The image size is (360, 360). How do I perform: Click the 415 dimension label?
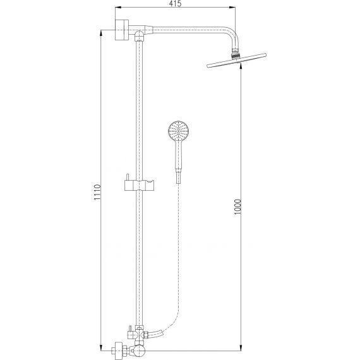click(175, 4)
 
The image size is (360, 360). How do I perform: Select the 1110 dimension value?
click(97, 192)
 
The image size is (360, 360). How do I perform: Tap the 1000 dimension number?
click(238, 207)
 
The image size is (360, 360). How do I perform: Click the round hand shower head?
click(178, 131)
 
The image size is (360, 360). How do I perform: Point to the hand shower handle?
click(179, 156)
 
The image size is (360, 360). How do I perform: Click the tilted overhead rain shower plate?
click(236, 61)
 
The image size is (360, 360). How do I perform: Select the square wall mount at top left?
click(122, 30)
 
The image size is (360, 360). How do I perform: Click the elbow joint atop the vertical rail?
click(139, 35)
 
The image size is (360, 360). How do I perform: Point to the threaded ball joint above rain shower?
click(236, 55)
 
